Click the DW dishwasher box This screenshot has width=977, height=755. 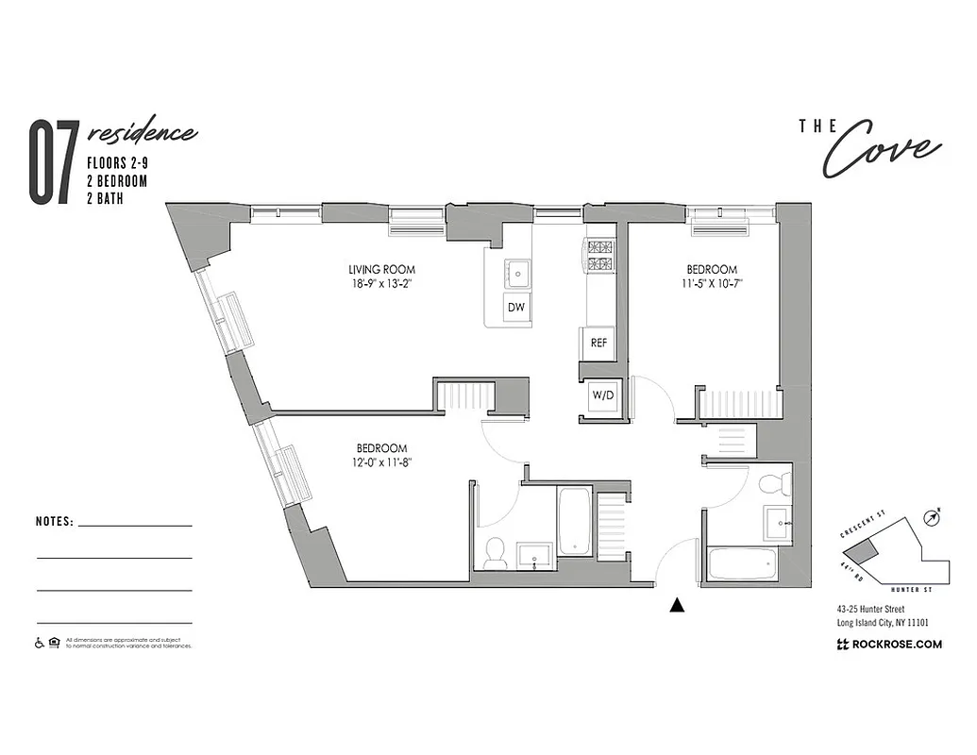tap(516, 308)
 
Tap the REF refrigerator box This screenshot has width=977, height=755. tap(598, 344)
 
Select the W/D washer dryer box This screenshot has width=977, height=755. tap(602, 395)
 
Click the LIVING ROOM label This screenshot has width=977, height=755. tap(381, 270)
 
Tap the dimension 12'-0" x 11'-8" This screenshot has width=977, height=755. tap(381, 461)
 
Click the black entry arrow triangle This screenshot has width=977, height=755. tap(676, 606)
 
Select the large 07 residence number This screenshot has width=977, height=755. tap(52, 163)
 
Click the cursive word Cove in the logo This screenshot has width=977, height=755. tap(882, 151)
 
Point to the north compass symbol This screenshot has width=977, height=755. tap(934, 516)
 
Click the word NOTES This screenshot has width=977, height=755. tap(54, 521)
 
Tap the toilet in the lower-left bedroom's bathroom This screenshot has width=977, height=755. tap(496, 554)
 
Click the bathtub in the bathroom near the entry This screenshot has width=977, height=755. tap(748, 564)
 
